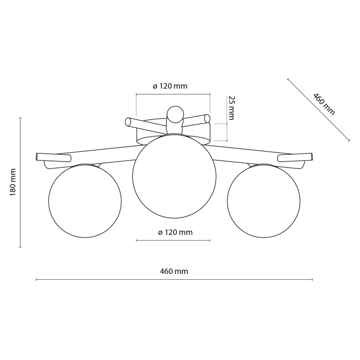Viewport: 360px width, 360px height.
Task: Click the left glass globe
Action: tap(85, 201)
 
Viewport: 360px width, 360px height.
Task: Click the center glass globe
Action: tap(174, 176)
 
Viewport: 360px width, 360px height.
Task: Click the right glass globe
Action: tap(264, 201)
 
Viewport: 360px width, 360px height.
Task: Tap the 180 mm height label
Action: tap(13, 182)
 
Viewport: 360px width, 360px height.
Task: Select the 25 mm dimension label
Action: tap(232, 108)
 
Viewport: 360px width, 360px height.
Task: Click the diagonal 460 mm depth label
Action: tap(324, 104)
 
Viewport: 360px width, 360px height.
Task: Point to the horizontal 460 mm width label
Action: tap(174, 271)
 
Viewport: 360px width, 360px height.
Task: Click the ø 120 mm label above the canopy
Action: tap(170, 86)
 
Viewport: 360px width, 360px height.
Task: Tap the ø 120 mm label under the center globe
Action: tap(175, 233)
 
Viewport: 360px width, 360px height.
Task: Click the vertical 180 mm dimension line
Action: tap(20, 182)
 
